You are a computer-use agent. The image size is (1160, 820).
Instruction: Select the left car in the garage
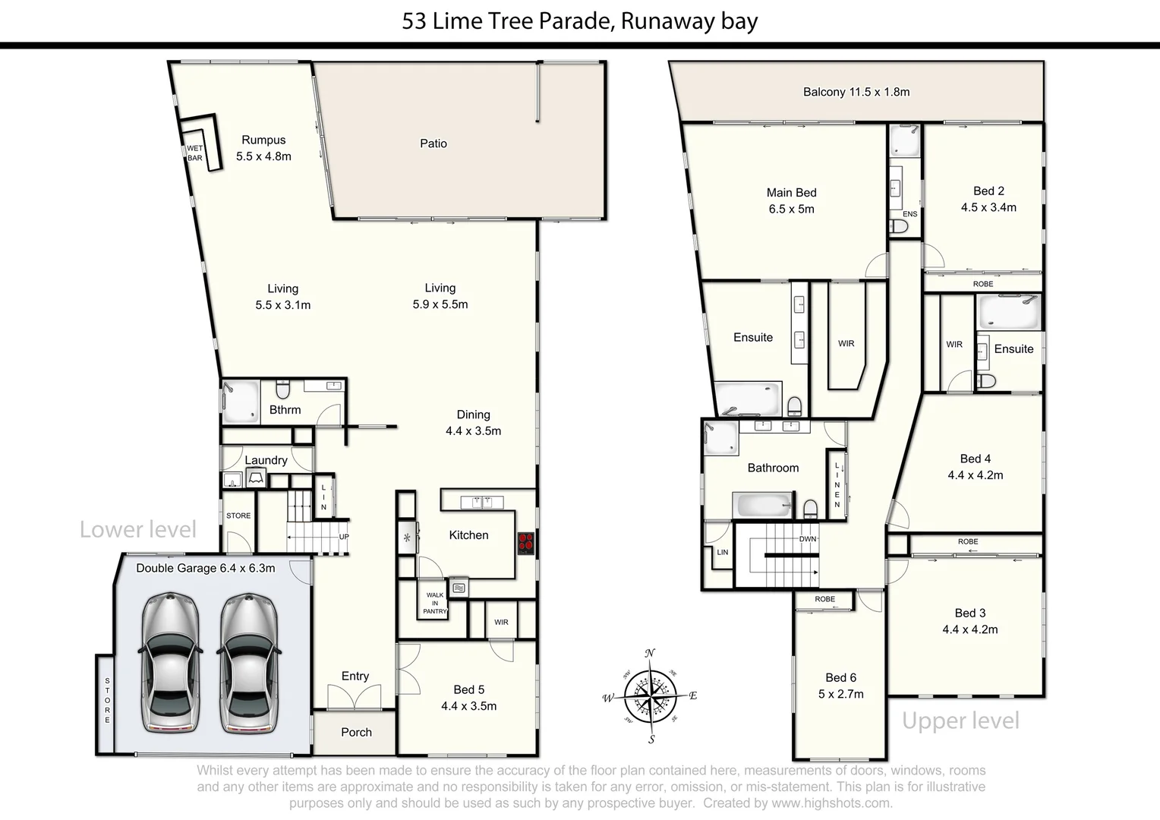click(x=169, y=664)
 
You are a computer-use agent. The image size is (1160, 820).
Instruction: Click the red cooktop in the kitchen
click(x=525, y=543)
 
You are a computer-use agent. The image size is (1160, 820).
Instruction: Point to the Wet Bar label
click(x=195, y=153)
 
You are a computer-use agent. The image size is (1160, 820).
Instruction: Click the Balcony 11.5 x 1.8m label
click(x=856, y=92)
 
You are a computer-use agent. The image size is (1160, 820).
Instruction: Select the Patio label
click(x=433, y=143)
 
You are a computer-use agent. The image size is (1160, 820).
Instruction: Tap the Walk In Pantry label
click(x=435, y=604)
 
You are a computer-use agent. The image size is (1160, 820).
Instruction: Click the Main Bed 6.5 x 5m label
click(x=791, y=201)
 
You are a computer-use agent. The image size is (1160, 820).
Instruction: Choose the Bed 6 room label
click(x=840, y=686)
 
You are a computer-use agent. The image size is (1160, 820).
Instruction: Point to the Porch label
click(x=356, y=732)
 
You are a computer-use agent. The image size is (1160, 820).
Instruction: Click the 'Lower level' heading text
click(x=138, y=529)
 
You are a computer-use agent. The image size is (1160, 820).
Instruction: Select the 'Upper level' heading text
click(x=960, y=720)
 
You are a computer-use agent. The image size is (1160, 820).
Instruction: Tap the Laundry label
click(x=266, y=460)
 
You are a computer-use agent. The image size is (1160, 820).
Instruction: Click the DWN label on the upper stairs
click(x=807, y=539)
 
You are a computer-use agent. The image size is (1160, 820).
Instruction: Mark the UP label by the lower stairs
click(x=343, y=537)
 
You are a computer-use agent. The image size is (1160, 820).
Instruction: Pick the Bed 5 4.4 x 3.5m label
click(x=468, y=698)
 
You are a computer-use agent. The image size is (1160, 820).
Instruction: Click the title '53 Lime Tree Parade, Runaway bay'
click(x=580, y=20)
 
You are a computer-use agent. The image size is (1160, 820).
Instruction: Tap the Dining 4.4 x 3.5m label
click(x=473, y=423)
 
